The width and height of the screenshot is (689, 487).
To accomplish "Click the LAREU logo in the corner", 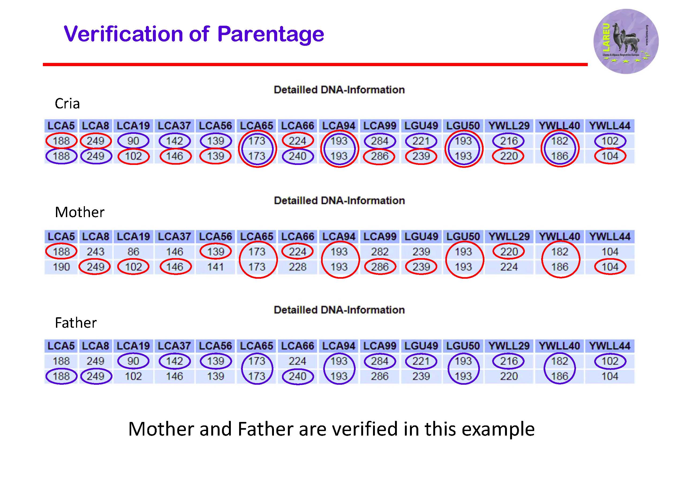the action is click(x=626, y=41).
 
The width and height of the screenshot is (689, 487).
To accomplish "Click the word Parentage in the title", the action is click(x=270, y=34).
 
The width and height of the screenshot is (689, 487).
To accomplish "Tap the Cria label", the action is click(x=67, y=104).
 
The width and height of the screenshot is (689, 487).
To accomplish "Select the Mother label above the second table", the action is click(x=80, y=212).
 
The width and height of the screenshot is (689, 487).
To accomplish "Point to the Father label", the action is click(x=76, y=323).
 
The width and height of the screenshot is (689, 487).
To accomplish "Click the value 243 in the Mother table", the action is click(x=95, y=252).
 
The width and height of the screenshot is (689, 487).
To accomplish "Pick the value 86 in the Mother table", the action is click(x=133, y=252).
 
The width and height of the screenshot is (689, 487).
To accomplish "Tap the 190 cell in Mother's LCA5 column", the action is click(x=61, y=267).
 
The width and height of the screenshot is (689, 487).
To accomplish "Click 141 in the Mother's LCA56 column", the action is click(x=216, y=267).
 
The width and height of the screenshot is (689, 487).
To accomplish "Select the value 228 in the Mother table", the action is click(x=298, y=267).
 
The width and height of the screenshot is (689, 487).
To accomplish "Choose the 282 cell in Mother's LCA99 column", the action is click(x=380, y=252).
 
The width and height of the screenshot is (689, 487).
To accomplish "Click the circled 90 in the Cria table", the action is click(x=133, y=141).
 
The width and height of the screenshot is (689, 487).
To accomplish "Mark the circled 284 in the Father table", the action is click(x=380, y=361).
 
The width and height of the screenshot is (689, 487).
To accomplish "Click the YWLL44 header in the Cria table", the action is click(x=609, y=126).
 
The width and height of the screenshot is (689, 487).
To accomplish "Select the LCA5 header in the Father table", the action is click(x=61, y=346).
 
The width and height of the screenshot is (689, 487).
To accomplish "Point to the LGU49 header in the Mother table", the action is click(x=421, y=237).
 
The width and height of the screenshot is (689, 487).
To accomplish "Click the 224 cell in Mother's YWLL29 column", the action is click(x=509, y=267).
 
